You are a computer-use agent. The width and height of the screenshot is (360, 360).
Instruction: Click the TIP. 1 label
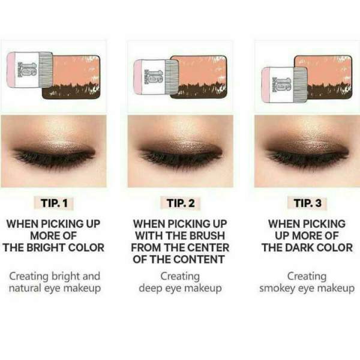pyautogui.click(x=54, y=203)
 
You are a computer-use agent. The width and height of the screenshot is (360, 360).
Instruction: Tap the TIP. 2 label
pyautogui.click(x=181, y=203)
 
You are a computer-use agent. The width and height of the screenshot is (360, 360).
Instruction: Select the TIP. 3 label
pyautogui.click(x=307, y=203)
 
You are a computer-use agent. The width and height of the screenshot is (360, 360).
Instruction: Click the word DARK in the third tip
pyautogui.click(x=302, y=248)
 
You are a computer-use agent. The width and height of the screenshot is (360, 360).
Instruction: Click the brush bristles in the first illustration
pyautogui.click(x=46, y=70)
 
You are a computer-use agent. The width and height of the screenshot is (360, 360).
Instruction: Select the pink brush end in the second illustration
pyautogui.click(x=138, y=77)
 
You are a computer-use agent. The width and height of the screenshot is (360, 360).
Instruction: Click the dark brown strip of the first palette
pyautogui.click(x=71, y=92)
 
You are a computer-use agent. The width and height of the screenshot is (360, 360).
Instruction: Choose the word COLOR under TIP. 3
pyautogui.click(x=337, y=248)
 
